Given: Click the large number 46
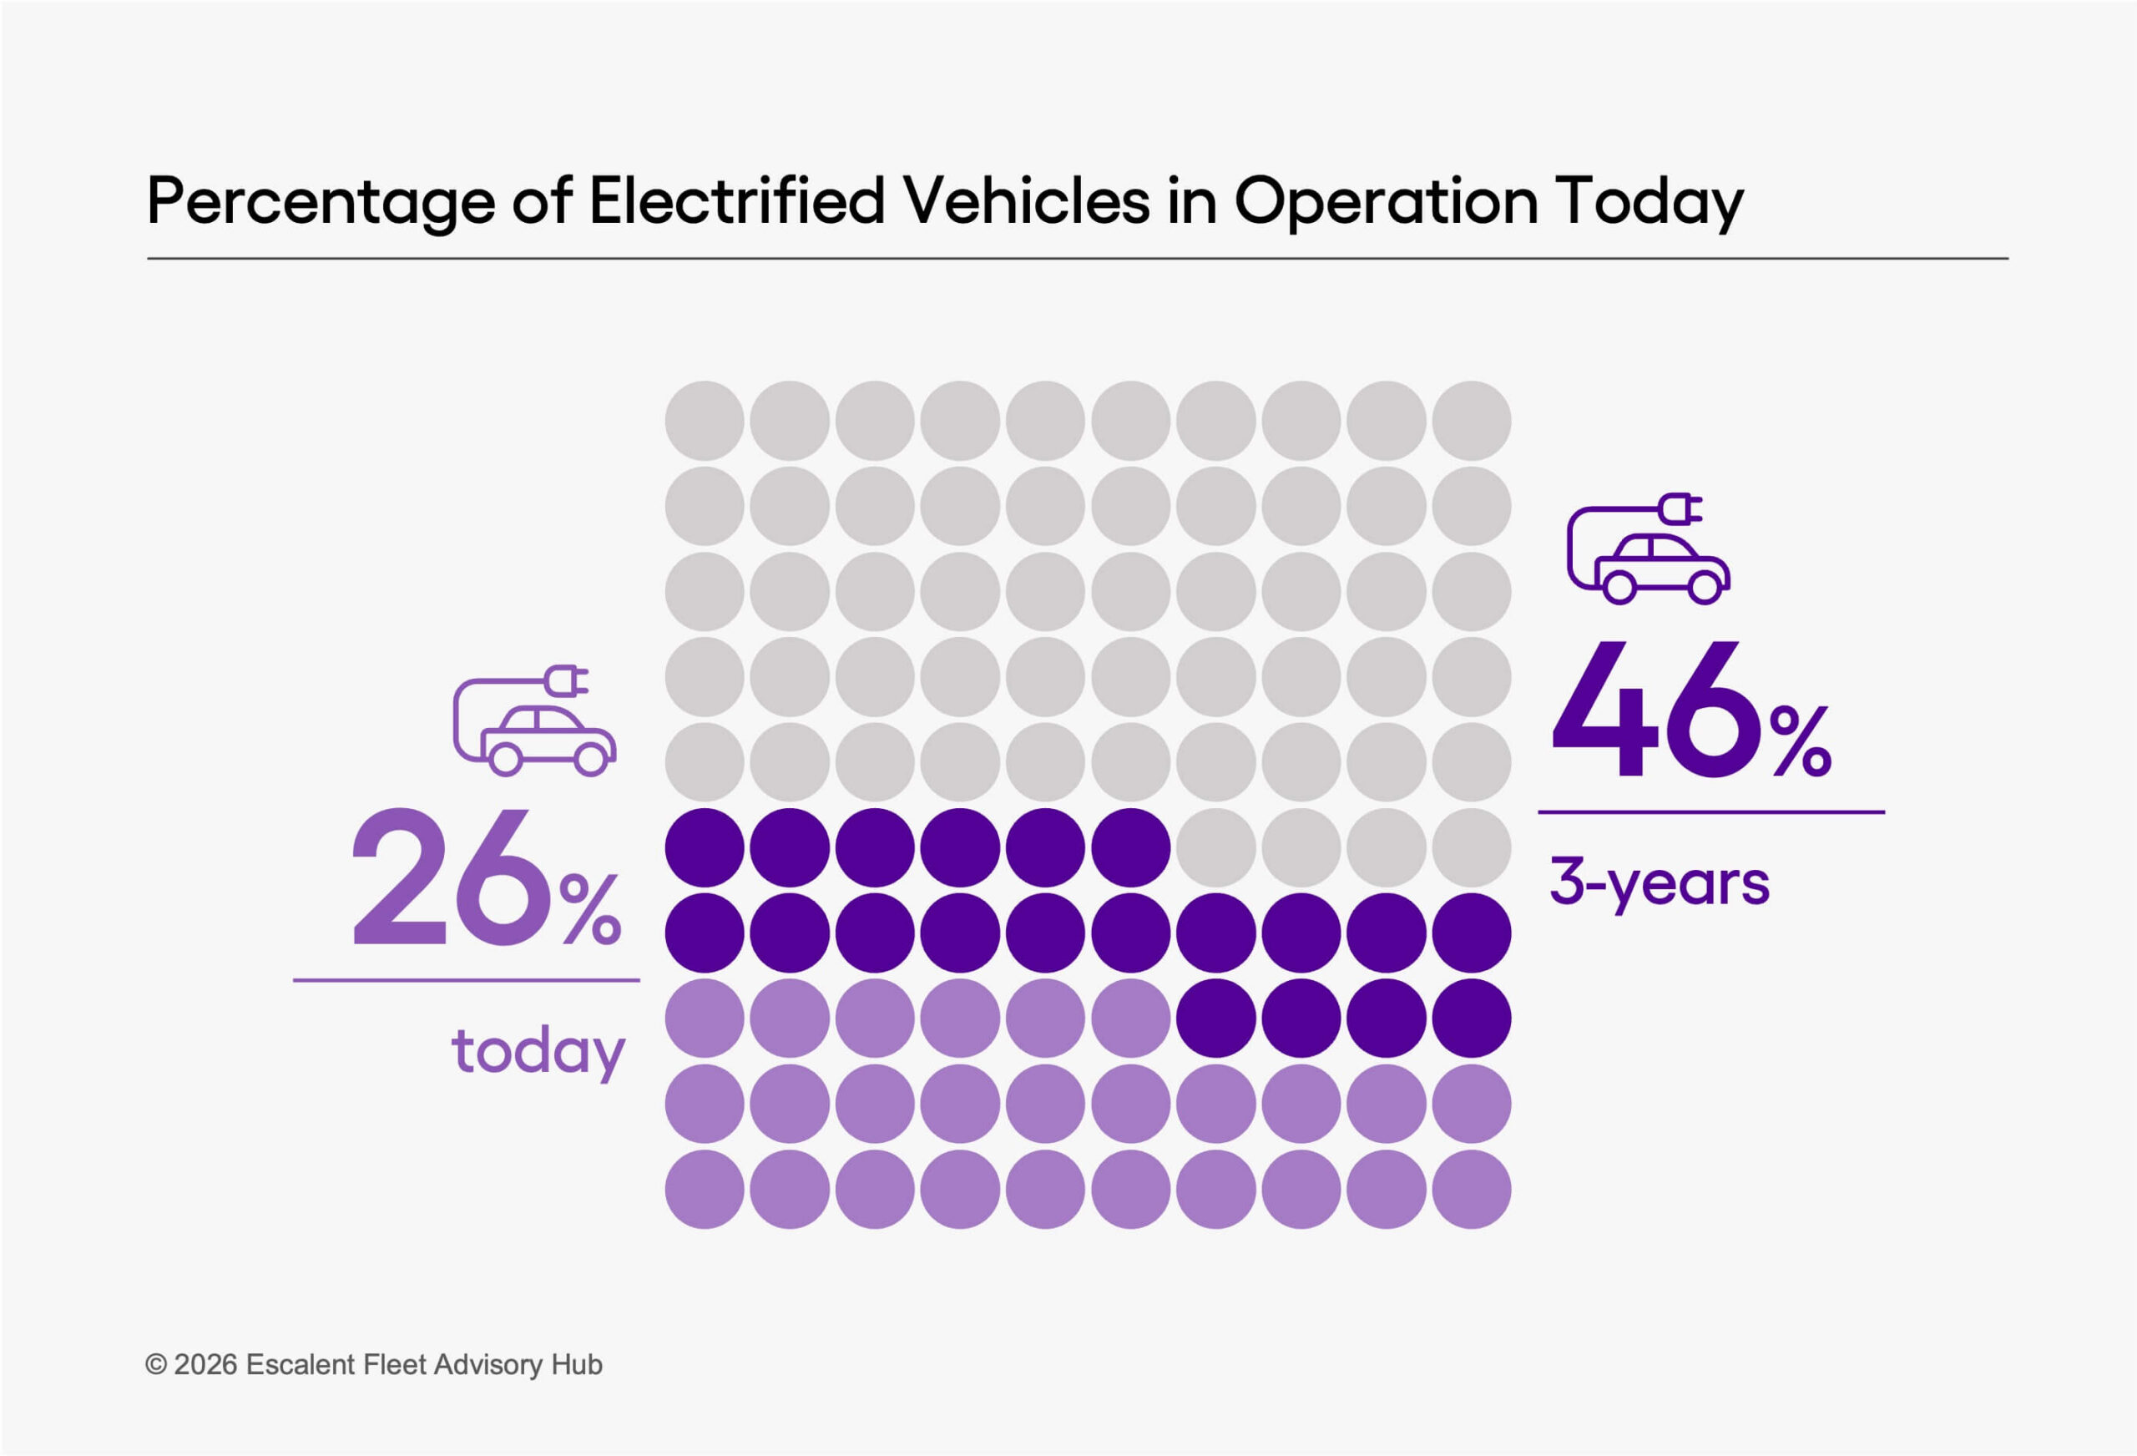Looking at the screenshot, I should (1655, 710).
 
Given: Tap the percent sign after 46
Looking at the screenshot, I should (1801, 741).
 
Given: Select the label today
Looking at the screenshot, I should (538, 1050).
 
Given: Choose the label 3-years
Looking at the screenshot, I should (1659, 882).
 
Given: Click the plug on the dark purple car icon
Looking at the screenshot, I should (1680, 508).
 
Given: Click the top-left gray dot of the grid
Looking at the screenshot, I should (705, 420).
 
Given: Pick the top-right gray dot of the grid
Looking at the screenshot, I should (1471, 420).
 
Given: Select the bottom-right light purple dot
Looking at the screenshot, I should (1471, 1190).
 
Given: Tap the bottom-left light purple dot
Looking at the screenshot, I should (705, 1190).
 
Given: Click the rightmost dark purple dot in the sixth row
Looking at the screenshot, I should (1130, 847).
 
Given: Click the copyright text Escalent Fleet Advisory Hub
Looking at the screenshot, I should (424, 1364).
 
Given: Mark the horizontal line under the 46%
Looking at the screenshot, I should (1711, 812).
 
